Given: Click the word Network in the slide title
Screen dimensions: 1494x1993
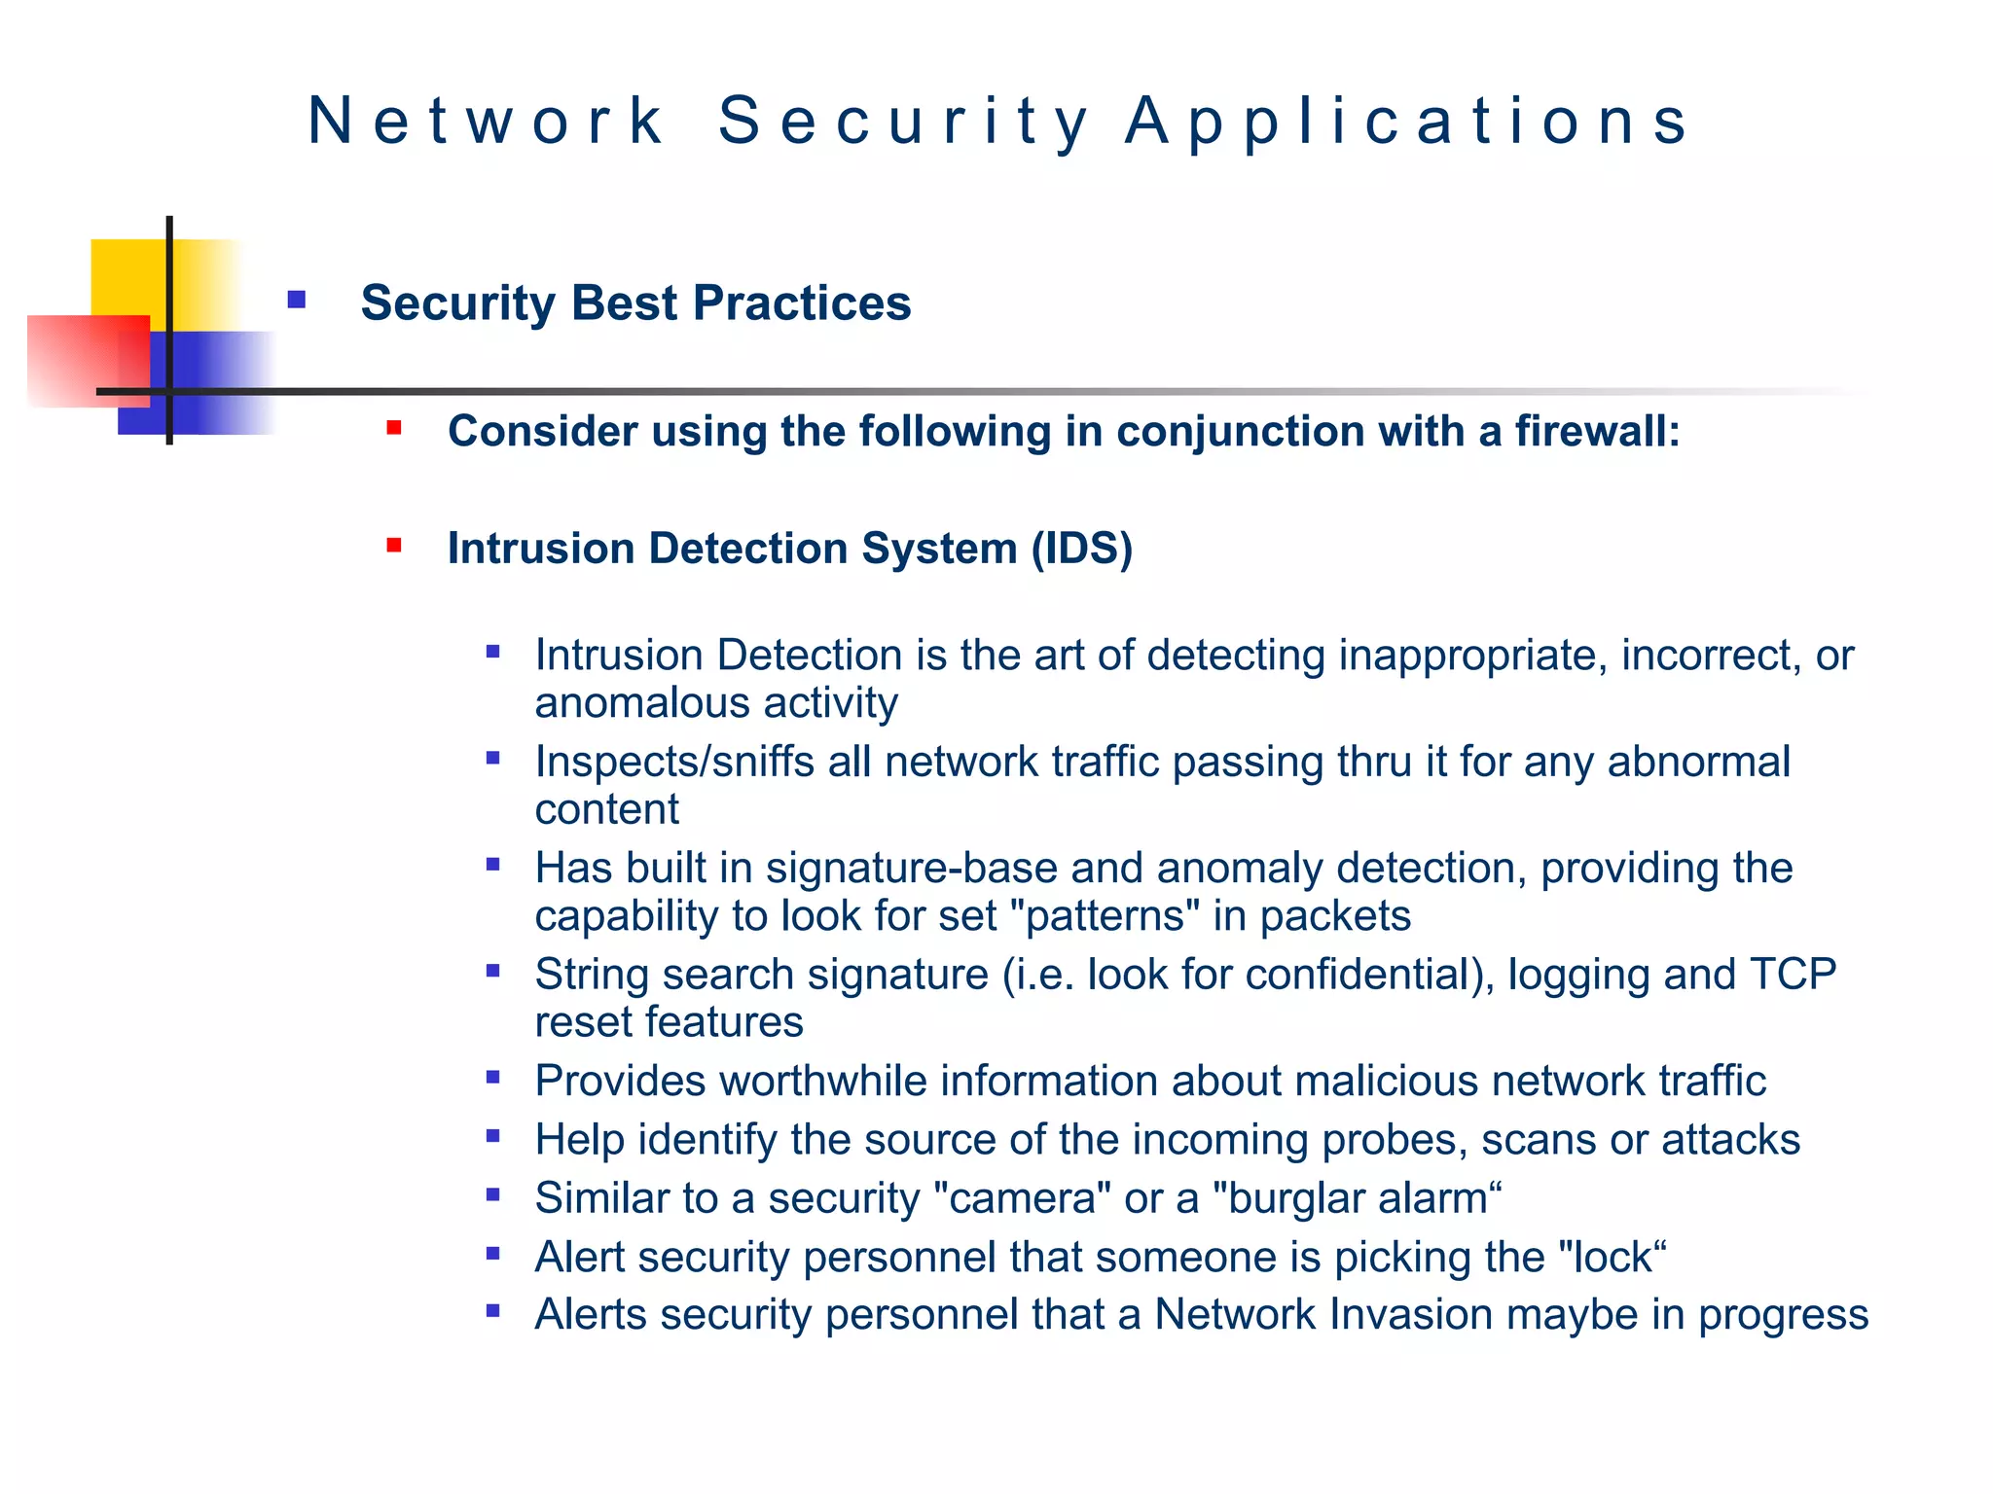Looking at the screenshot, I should pyautogui.click(x=486, y=122).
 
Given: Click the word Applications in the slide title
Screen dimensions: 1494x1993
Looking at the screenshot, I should pyautogui.click(x=1407, y=122).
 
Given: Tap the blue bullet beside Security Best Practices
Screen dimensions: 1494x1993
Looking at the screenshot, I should pyautogui.click(x=297, y=301).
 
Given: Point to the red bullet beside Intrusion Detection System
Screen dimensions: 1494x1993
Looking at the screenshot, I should pyautogui.click(x=394, y=546).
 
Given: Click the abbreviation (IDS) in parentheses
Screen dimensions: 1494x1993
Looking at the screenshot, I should pyautogui.click(x=1081, y=549).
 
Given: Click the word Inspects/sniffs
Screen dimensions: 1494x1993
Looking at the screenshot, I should pyautogui.click(x=674, y=762).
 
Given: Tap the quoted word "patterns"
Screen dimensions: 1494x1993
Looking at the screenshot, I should pyautogui.click(x=1105, y=916).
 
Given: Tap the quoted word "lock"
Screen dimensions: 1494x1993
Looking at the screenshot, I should pyautogui.click(x=1613, y=1258).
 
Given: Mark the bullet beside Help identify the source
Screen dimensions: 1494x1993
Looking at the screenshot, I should pyautogui.click(x=493, y=1136).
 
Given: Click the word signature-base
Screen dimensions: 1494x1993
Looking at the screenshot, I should pyautogui.click(x=911, y=869).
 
